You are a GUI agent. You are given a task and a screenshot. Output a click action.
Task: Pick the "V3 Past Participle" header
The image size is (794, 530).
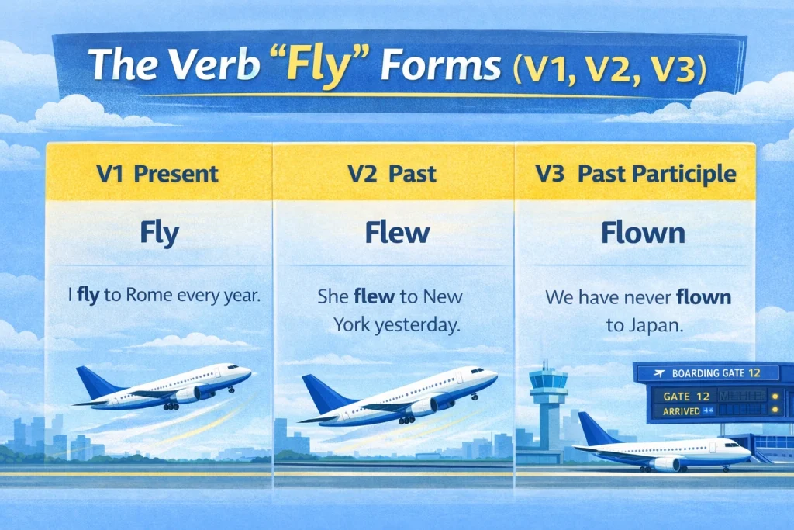pos(635,173)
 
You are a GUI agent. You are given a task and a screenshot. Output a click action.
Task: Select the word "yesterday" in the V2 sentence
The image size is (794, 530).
pos(417,326)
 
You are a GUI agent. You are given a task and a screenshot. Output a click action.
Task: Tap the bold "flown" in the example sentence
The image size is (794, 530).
pos(703,296)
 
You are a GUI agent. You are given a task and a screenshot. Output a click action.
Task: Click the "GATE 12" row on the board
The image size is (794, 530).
pos(687,396)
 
